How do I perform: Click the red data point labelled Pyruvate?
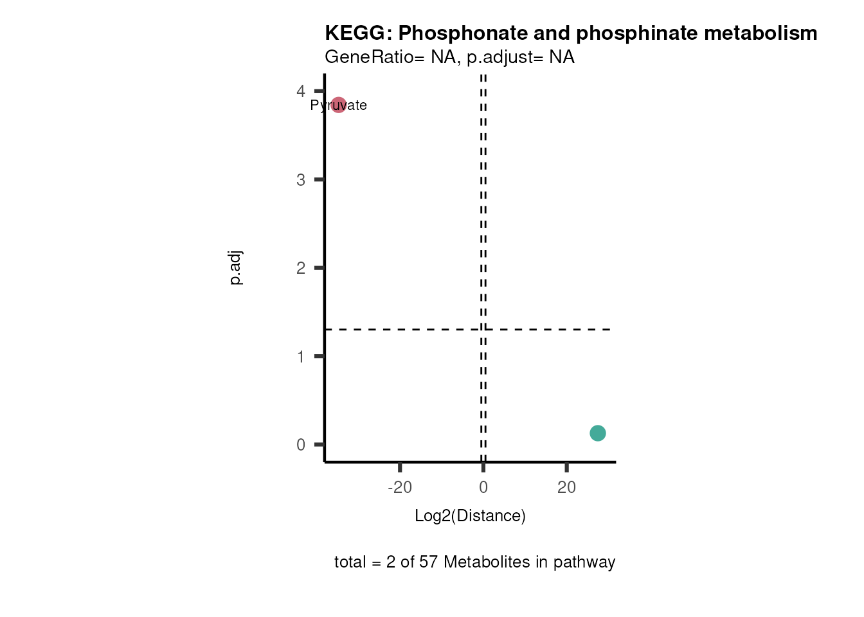pos(338,105)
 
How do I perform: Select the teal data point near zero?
pos(597,433)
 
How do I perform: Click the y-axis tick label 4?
pos(301,91)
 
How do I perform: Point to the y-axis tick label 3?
pos(301,180)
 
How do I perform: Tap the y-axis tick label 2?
pos(301,268)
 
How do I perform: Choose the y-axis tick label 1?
pos(301,357)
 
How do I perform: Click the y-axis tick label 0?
pos(301,445)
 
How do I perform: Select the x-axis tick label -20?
pos(400,487)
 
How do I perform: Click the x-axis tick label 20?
pos(566,487)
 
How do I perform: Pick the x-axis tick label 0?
pos(483,487)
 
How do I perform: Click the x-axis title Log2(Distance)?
pos(470,515)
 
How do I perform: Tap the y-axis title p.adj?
pos(235,267)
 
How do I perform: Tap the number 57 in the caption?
pos(428,562)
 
